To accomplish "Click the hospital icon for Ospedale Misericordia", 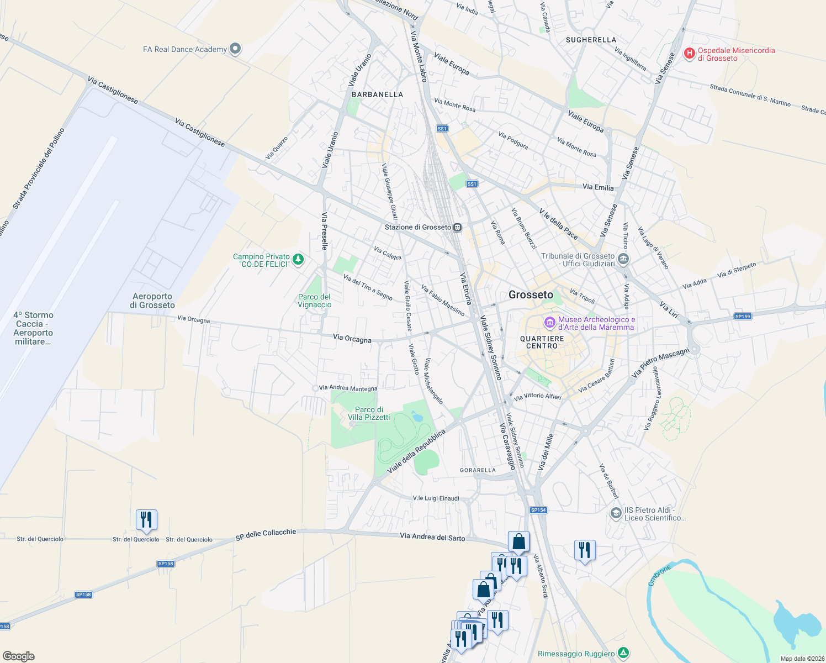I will (x=689, y=54).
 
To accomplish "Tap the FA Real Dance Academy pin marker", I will (x=235, y=49).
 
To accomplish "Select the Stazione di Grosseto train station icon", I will (x=457, y=227).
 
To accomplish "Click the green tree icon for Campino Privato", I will (x=298, y=259).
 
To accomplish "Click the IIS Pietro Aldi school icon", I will (x=616, y=513).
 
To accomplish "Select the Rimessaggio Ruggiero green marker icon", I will (x=623, y=654).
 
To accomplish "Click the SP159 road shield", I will (x=743, y=317).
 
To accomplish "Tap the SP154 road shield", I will (x=538, y=510).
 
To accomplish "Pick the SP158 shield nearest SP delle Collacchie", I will (x=166, y=564).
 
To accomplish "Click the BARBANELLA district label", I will (x=378, y=94).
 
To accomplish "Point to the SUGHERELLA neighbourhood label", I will (x=591, y=40).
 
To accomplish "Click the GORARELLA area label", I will (x=478, y=470).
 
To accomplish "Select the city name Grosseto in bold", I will (x=531, y=295).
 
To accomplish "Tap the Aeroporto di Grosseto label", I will (x=152, y=301).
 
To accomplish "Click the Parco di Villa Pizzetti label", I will (x=369, y=413).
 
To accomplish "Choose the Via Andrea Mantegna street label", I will (x=348, y=388).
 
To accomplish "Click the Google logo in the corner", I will (x=19, y=656).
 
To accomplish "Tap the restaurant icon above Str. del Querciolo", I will (x=146, y=520).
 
